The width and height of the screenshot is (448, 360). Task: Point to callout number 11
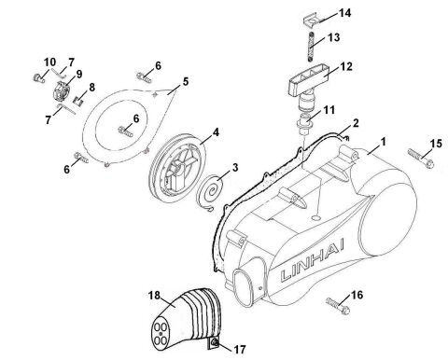click(328, 111)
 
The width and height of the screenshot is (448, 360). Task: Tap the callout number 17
click(239, 350)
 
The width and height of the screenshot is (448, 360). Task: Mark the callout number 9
click(78, 74)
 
